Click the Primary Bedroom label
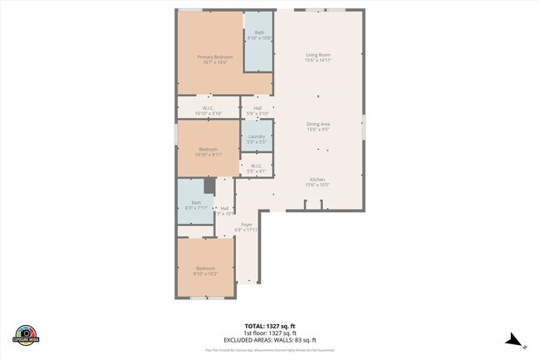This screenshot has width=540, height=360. pyautogui.click(x=214, y=57)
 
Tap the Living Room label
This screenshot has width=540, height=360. pyautogui.click(x=318, y=55)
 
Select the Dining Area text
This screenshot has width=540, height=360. pyautogui.click(x=318, y=124)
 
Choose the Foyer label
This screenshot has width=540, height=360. pyautogui.click(x=247, y=224)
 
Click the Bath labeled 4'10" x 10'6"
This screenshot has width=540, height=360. pyautogui.click(x=259, y=33)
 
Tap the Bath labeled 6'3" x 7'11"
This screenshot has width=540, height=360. pyautogui.click(x=196, y=202)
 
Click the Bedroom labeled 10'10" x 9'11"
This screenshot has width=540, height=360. pyautogui.click(x=208, y=150)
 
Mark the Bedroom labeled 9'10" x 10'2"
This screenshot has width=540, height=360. pyautogui.click(x=205, y=268)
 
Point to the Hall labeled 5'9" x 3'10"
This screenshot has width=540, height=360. pyautogui.click(x=258, y=108)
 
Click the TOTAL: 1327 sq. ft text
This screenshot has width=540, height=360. pyautogui.click(x=270, y=326)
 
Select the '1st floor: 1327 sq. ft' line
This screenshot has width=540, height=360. pyautogui.click(x=270, y=333)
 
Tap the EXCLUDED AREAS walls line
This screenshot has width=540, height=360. pyautogui.click(x=270, y=341)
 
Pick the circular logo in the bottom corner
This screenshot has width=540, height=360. pyautogui.click(x=25, y=333)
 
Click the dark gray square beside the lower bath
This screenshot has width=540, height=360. pyautogui.click(x=209, y=185)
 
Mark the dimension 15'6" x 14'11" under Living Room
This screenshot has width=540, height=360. pyautogui.click(x=318, y=60)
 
